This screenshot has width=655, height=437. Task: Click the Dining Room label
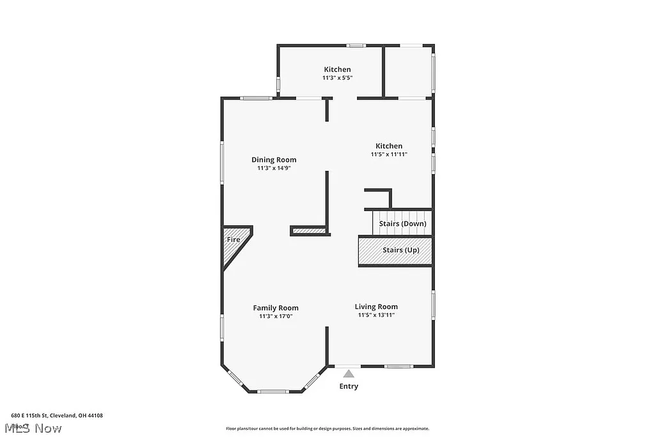tap(274, 160)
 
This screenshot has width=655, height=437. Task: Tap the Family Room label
tap(276, 308)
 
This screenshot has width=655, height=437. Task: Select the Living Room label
tap(376, 306)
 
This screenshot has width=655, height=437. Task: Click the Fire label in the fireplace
tap(233, 239)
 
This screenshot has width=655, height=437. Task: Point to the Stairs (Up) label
tap(401, 250)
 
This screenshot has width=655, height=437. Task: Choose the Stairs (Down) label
tap(402, 223)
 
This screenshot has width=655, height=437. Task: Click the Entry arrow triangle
tap(349, 374)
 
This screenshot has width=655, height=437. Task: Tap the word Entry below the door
tap(349, 386)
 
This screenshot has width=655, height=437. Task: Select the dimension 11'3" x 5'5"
tap(337, 77)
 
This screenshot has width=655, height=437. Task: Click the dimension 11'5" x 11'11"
tap(389, 154)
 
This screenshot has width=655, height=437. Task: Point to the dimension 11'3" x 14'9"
tap(274, 168)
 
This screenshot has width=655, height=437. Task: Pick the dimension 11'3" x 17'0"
tap(276, 316)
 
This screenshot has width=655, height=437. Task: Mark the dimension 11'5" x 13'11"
tap(376, 315)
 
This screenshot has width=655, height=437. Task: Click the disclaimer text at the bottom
tap(327, 429)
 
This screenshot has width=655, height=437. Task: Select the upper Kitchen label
tap(337, 69)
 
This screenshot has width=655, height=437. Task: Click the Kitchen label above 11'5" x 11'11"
tap(389, 146)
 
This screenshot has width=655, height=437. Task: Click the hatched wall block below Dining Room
tap(309, 230)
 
